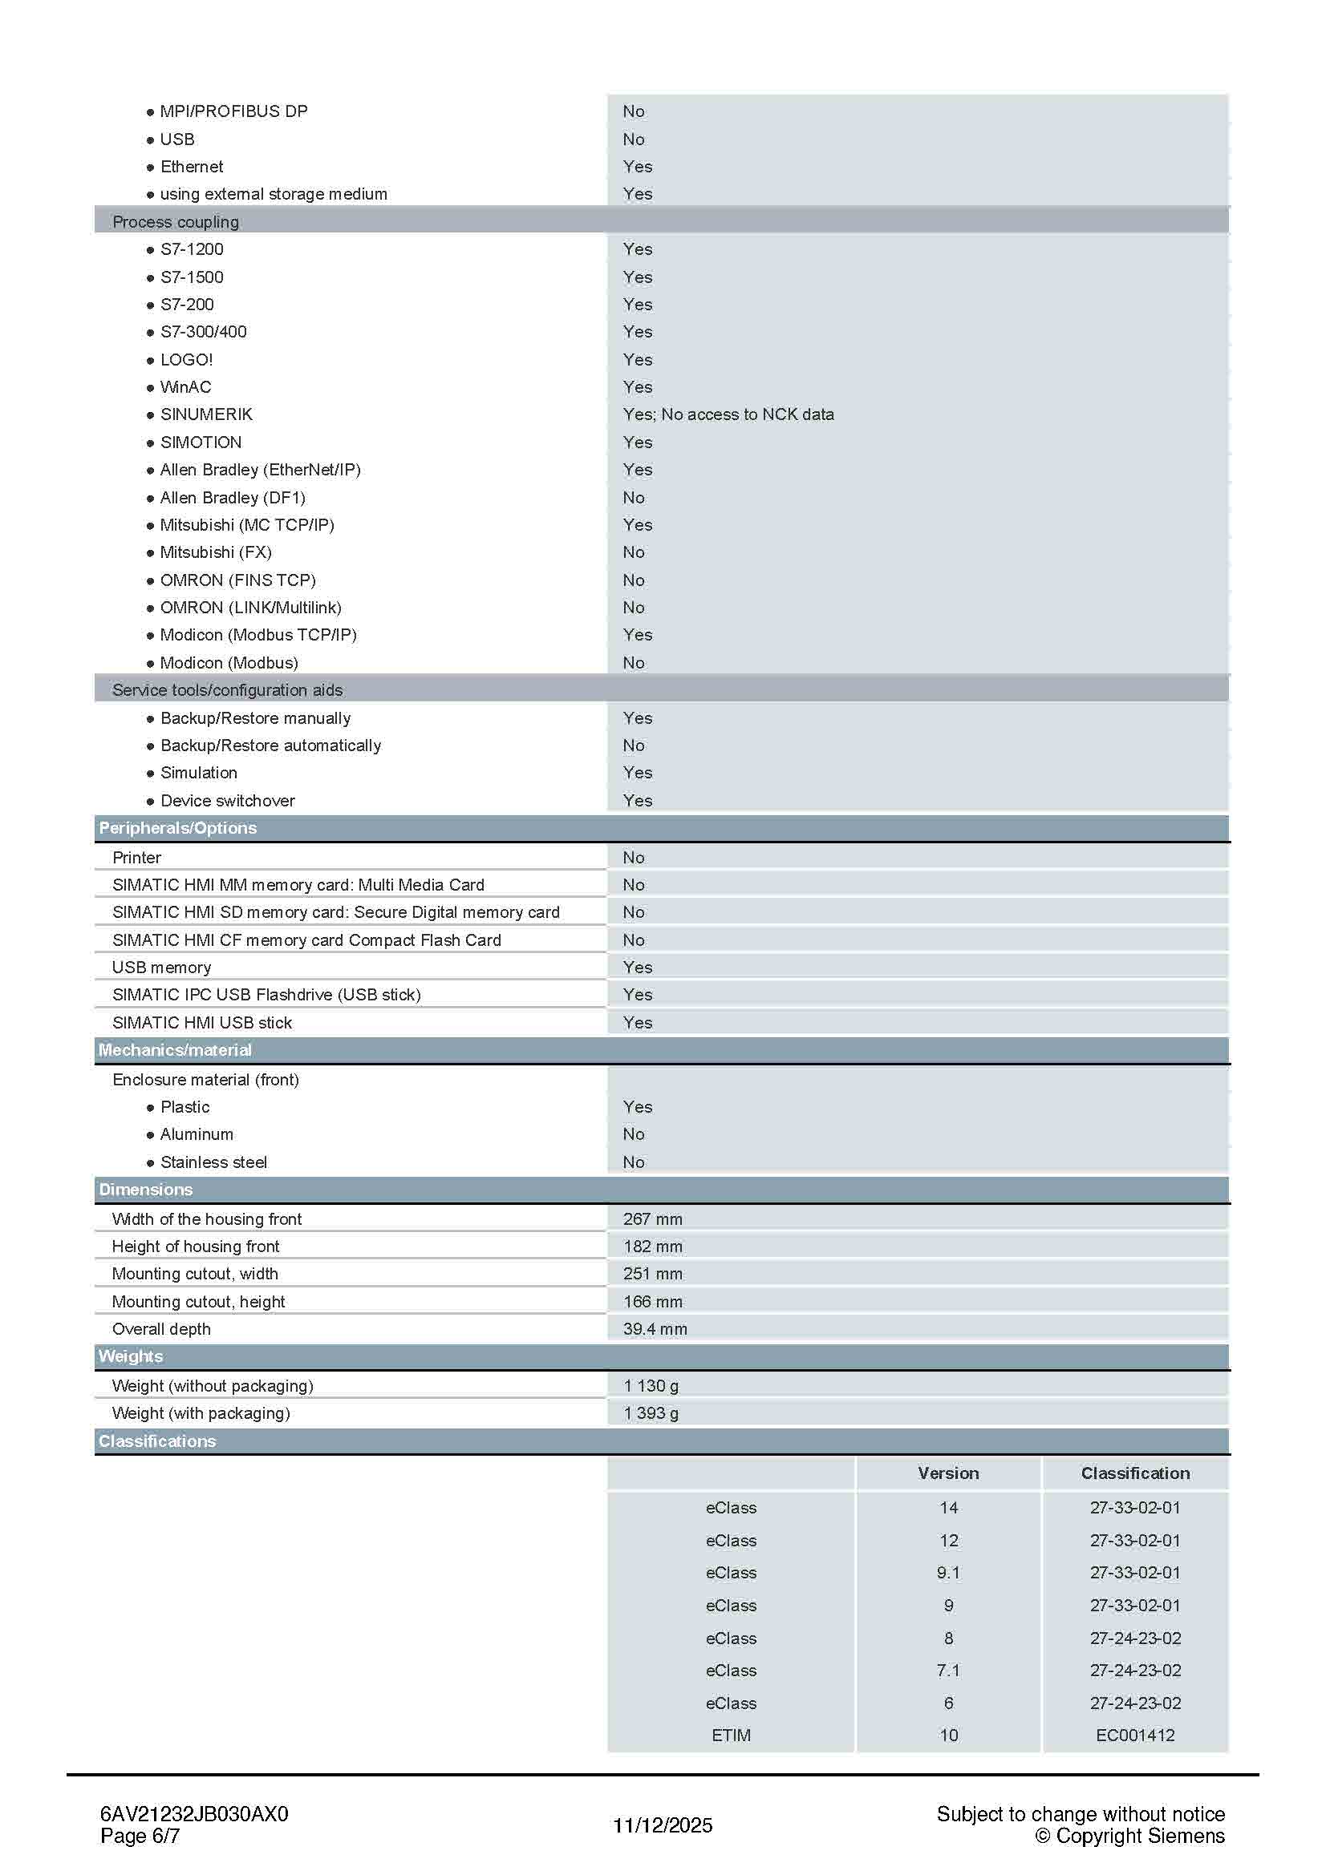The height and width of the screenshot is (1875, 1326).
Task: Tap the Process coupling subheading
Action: coord(176,221)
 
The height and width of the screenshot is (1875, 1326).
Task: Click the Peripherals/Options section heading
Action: coord(177,827)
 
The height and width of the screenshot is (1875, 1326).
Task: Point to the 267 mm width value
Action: coord(652,1218)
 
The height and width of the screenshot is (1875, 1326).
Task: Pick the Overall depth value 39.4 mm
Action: coord(655,1328)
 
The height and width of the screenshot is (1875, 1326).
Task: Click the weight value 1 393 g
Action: coord(651,1412)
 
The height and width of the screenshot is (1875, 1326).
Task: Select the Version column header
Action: coord(947,1473)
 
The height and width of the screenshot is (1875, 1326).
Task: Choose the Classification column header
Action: coord(1135,1473)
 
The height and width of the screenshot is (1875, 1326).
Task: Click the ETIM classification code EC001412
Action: coord(1135,1736)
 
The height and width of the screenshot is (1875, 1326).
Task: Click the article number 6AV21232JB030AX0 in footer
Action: coord(193,1814)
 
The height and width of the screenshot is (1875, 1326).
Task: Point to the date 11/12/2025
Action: coord(663,1825)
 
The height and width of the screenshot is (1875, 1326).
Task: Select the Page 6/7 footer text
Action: coord(140,1836)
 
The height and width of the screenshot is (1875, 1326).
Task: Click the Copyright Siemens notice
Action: coord(1130,1836)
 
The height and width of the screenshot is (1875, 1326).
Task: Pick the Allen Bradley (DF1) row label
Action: coord(232,497)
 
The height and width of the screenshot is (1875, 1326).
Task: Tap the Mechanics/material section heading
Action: coord(175,1050)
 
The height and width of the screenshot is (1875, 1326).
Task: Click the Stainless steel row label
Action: coord(213,1162)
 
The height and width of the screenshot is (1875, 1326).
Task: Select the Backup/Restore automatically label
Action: coord(270,745)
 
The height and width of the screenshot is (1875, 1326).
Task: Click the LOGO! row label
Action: coord(186,359)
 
